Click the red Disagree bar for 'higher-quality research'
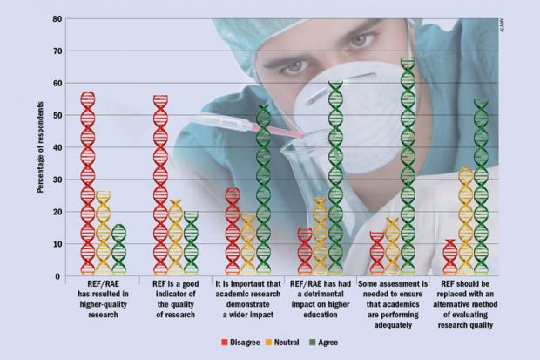pos(87,183)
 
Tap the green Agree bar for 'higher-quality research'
pos(118,250)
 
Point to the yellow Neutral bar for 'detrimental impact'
pos(321,237)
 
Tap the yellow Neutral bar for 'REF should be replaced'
pos(465,222)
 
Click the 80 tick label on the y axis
pos(56,18)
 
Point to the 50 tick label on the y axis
pos(56,115)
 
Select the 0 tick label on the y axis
pos(58,276)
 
